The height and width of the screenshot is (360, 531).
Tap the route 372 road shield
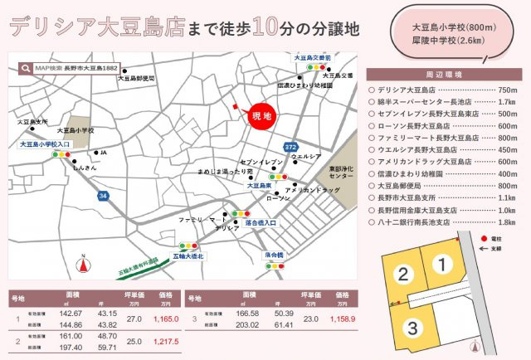[x=290, y=147]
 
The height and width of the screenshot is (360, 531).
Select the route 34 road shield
[x=103, y=196]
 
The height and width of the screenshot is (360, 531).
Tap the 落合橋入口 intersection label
[x=260, y=222]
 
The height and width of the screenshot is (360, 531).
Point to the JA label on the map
[x=104, y=153]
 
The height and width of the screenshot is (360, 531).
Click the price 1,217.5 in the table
[x=167, y=341]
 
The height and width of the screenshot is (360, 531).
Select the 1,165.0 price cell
[x=167, y=318]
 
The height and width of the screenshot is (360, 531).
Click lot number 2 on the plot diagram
[x=402, y=275]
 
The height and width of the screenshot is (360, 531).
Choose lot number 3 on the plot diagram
[x=412, y=328]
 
